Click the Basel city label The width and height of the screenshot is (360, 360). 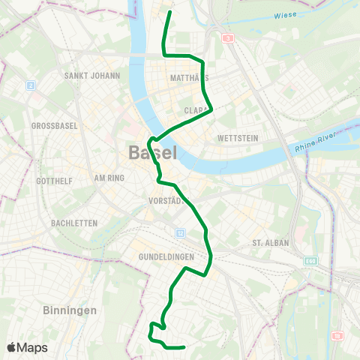[x=153, y=152]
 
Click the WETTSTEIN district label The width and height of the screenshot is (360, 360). [x=237, y=139]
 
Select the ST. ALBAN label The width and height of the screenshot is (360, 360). [x=268, y=242]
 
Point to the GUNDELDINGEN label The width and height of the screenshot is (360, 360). [x=166, y=257]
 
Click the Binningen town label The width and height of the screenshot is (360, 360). [x=70, y=310]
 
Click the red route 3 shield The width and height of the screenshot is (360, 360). [x=226, y=37]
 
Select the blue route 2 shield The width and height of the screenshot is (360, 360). [x=31, y=85]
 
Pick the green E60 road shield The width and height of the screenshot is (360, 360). [x=311, y=261]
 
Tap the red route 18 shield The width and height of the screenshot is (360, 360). [x=337, y=335]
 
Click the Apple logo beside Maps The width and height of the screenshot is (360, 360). [x=11, y=347]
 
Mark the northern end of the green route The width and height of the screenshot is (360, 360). [x=170, y=12]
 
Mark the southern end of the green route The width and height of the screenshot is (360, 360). [x=184, y=347]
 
